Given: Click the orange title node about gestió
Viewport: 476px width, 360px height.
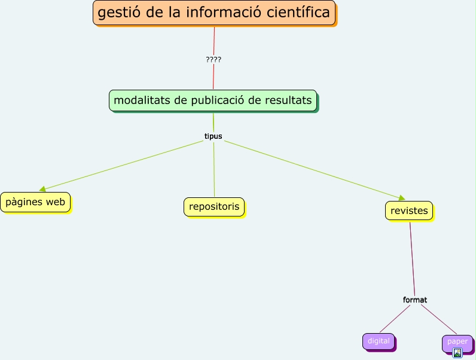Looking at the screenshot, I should (x=213, y=13).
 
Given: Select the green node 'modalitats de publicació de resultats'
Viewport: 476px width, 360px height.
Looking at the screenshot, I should (x=212, y=100).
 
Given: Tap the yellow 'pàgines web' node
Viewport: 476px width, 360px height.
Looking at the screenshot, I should (x=35, y=202).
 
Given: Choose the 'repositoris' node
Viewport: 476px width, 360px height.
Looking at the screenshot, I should (x=213, y=206).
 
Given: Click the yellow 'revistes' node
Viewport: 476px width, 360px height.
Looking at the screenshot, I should (x=408, y=210).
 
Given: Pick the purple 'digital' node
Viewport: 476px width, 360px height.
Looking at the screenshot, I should (x=378, y=341).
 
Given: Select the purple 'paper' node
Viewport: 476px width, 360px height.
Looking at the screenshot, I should (x=457, y=341).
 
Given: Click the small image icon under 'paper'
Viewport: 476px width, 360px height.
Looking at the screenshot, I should (x=457, y=353).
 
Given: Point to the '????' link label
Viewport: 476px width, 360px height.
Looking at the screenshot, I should (x=213, y=59).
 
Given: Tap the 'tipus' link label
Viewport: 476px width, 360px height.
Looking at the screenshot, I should (x=213, y=136).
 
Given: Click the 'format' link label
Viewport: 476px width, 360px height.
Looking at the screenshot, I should (x=415, y=300).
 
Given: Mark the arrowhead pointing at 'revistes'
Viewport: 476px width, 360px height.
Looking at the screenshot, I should (x=401, y=198).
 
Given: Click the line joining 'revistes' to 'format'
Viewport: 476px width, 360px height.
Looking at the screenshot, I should (x=412, y=257).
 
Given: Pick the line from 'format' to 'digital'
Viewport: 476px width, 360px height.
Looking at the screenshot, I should (x=395, y=318).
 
